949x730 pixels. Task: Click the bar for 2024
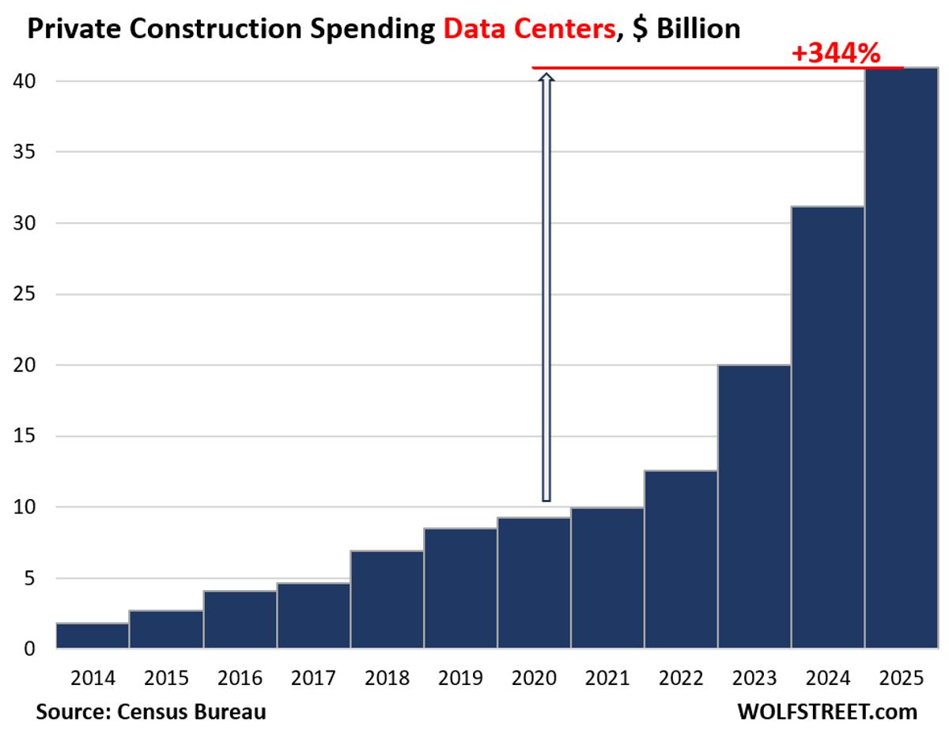tap(827, 427)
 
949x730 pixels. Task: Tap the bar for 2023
tap(754, 506)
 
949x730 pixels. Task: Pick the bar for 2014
tap(93, 636)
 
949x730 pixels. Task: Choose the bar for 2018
tap(387, 600)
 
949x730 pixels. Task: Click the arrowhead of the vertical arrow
tap(546, 77)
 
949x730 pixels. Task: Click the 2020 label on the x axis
tap(534, 678)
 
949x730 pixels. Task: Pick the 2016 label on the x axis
tap(240, 678)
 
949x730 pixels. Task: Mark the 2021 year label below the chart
tap(607, 678)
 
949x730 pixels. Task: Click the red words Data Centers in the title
tap(519, 29)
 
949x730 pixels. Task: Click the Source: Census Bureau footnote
tap(150, 711)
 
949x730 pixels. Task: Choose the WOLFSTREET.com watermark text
tap(827, 711)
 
